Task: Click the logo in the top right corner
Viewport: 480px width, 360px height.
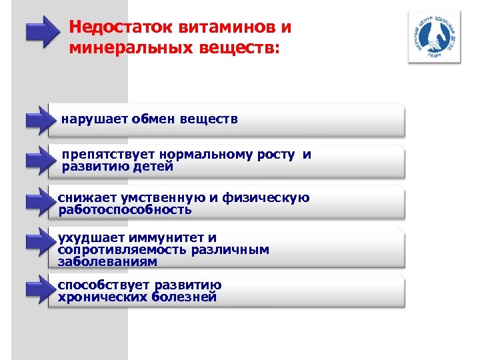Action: (x=434, y=39)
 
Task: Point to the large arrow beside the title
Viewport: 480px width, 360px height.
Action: (x=42, y=31)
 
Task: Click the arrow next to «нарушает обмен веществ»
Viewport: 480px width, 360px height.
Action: (x=37, y=120)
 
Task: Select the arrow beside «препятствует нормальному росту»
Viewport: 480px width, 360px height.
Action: (x=37, y=161)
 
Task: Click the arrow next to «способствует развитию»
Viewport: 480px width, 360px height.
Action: (x=37, y=290)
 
